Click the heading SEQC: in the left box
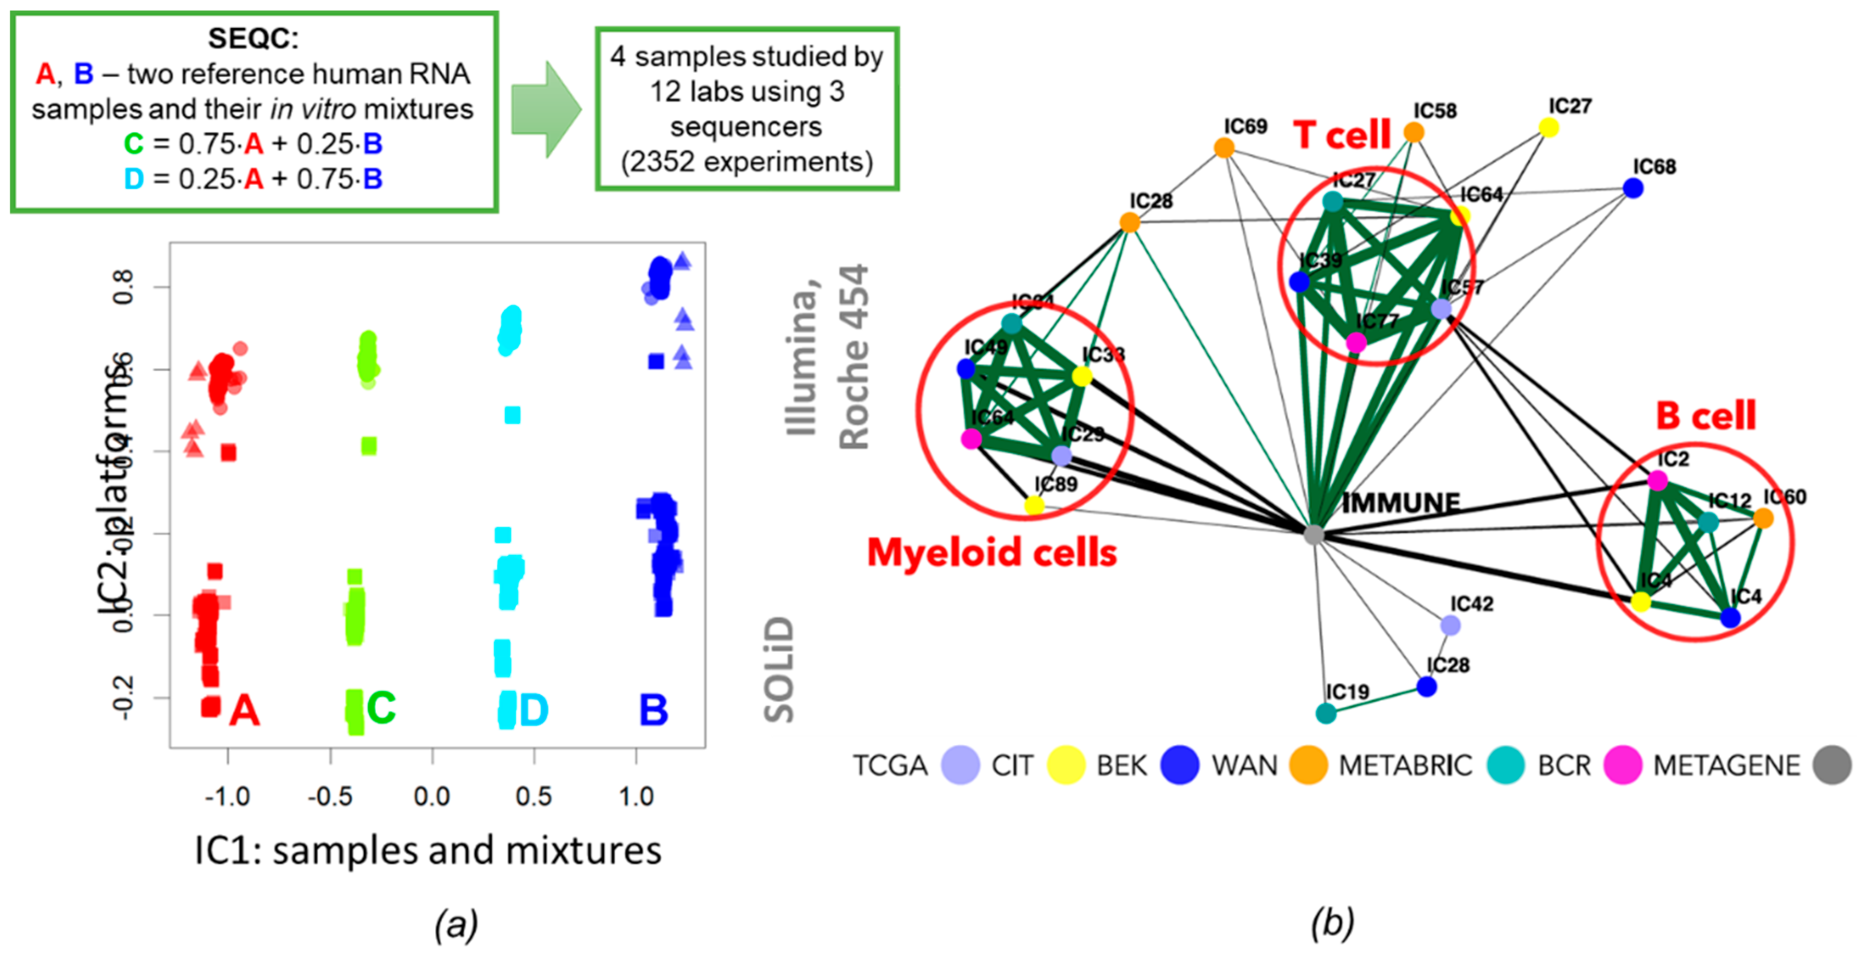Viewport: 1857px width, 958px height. click(252, 38)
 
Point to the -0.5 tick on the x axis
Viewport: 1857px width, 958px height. click(330, 796)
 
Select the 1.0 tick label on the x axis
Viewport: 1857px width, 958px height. click(636, 796)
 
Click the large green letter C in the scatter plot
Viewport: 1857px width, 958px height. click(381, 708)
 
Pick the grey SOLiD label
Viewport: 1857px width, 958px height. click(779, 669)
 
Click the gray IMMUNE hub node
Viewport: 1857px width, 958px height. click(1314, 534)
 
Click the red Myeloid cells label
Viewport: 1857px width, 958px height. click(991, 553)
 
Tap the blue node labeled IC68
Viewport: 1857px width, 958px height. click(1633, 188)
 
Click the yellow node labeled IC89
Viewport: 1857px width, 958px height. click(1034, 505)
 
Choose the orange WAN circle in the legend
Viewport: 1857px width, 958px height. click(1309, 765)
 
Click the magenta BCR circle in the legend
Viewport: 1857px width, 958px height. click(1622, 765)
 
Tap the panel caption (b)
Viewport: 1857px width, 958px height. click(1332, 923)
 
